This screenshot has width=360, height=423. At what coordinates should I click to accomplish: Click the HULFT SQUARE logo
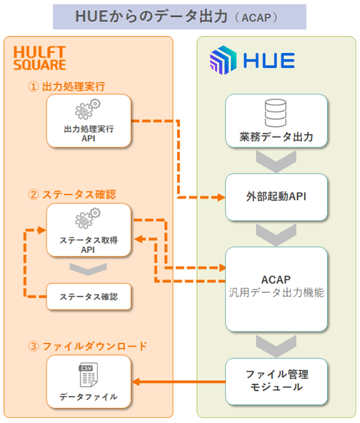pyautogui.click(x=40, y=58)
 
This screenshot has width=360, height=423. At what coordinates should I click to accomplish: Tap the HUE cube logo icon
pyautogui.click(x=223, y=60)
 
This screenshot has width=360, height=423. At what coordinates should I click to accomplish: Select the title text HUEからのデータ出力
pyautogui.click(x=151, y=16)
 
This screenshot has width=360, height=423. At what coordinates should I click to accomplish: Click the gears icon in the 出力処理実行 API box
pyautogui.click(x=87, y=109)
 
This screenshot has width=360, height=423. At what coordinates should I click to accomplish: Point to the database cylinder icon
pyautogui.click(x=276, y=113)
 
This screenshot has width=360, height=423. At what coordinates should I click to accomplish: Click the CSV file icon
pyautogui.click(x=88, y=375)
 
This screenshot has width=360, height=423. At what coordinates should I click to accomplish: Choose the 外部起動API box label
pyautogui.click(x=276, y=196)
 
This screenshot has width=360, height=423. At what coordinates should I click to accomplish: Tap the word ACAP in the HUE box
pyautogui.click(x=276, y=279)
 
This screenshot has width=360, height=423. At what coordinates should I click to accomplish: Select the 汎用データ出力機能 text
pyautogui.click(x=276, y=293)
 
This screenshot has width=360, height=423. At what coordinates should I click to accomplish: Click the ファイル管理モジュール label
pyautogui.click(x=277, y=381)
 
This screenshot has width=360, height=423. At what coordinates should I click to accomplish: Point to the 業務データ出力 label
pyautogui.click(x=276, y=137)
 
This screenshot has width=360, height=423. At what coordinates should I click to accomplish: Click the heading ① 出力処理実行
pyautogui.click(x=67, y=87)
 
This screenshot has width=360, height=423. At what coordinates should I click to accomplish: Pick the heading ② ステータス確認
pyautogui.click(x=72, y=195)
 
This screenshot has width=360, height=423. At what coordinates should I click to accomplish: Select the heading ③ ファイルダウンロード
pyautogui.click(x=87, y=346)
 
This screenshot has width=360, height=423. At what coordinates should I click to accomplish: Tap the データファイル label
pyautogui.click(x=89, y=397)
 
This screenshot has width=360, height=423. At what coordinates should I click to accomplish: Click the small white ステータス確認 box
pyautogui.click(x=89, y=296)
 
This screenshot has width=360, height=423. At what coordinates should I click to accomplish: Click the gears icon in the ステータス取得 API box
pyautogui.click(x=87, y=218)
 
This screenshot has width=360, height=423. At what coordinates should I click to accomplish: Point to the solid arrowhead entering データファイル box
pyautogui.click(x=136, y=381)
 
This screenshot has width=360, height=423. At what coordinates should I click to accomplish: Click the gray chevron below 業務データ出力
pyautogui.click(x=276, y=162)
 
